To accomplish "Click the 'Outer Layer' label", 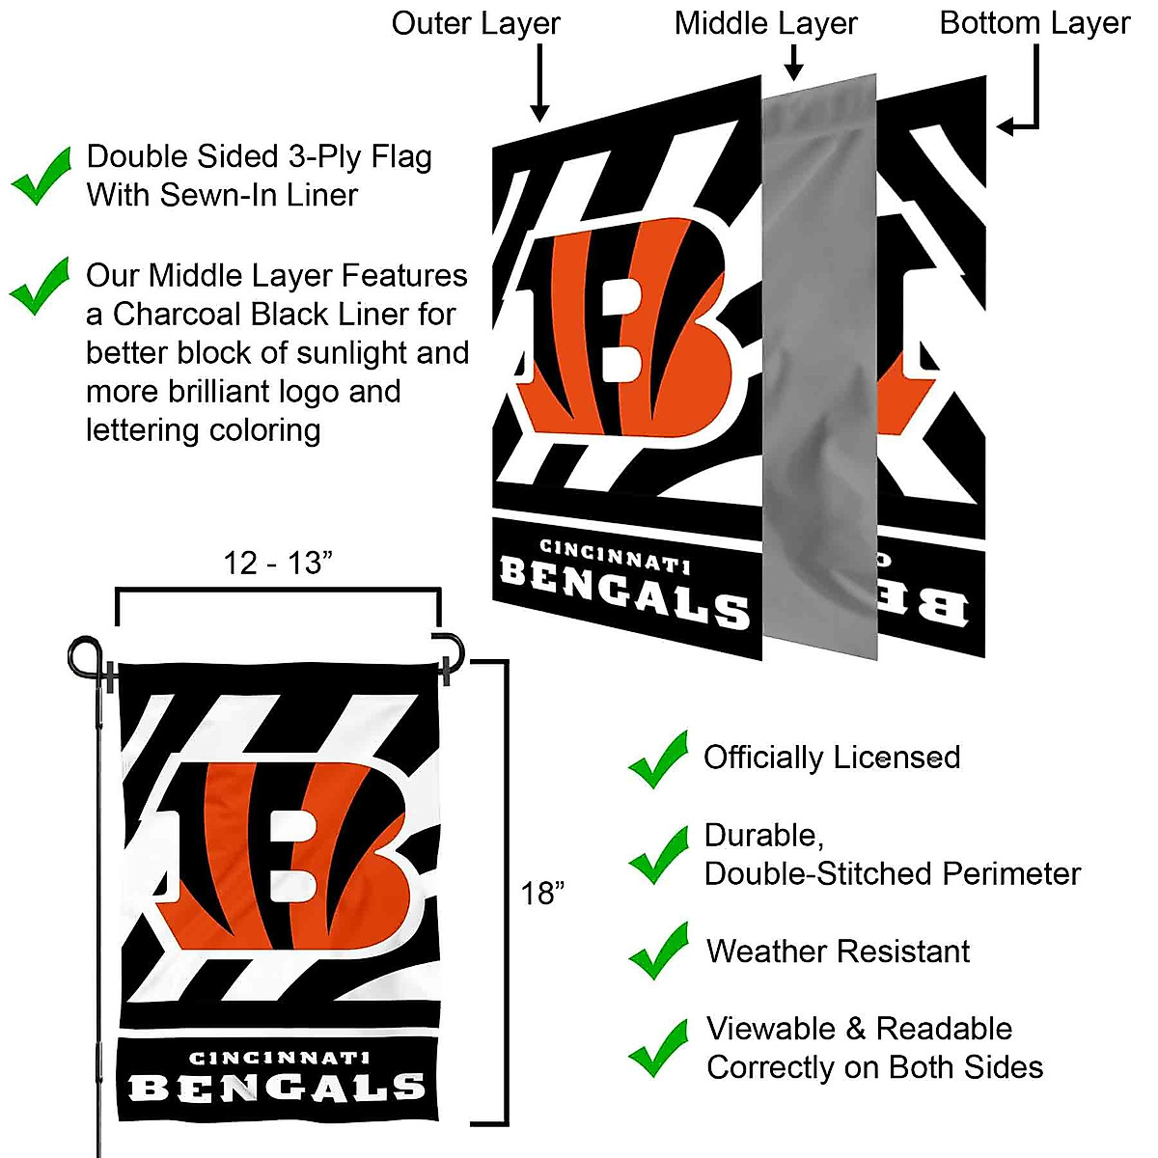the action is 475,24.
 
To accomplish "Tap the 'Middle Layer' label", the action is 765,24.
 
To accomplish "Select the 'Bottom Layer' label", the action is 1034,24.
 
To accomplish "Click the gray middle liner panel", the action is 820,367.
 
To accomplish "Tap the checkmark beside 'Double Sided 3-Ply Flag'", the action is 41,176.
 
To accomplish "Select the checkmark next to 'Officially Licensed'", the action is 658,759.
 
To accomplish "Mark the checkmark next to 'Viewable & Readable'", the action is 658,1048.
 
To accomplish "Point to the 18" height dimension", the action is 542,894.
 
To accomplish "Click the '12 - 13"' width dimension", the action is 278,563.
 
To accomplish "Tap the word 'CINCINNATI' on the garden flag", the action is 279,1059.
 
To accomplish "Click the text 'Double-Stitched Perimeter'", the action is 892,874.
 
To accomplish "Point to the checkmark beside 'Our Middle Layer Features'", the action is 40,287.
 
